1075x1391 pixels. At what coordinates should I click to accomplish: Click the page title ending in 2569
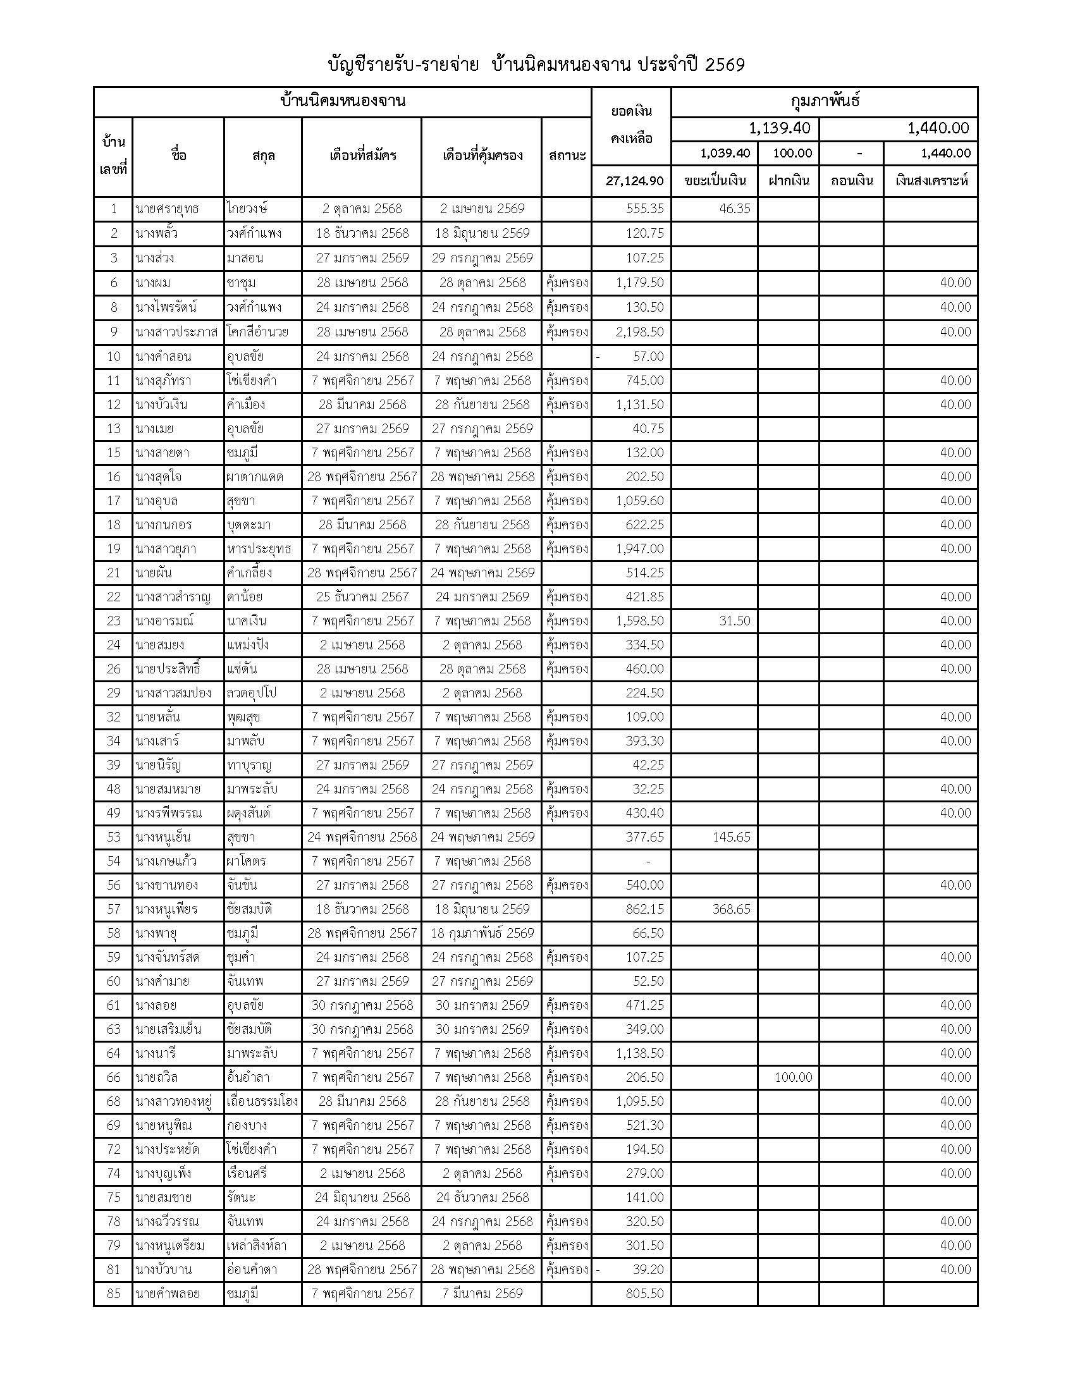[x=536, y=65]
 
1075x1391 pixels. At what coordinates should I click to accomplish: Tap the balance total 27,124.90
[x=634, y=181]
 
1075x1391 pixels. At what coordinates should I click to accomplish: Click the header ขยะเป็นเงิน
[x=715, y=181]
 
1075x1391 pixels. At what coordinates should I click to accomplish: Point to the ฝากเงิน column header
[x=789, y=181]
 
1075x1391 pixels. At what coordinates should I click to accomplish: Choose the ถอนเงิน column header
[x=852, y=181]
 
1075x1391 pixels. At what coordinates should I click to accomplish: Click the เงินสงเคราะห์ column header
[x=931, y=181]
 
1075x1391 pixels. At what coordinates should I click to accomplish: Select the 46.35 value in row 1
[x=734, y=209]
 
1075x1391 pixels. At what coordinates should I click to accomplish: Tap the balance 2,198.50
[x=639, y=332]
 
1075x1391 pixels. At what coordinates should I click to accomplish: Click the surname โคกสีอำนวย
[x=262, y=332]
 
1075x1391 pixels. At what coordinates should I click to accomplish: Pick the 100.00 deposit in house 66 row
[x=793, y=1077]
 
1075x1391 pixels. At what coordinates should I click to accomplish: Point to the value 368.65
[x=731, y=909]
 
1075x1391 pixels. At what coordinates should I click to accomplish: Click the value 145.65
[x=731, y=837]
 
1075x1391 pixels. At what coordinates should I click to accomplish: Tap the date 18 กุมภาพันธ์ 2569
[x=482, y=933]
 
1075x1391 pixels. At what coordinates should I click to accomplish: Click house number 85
[x=113, y=1293]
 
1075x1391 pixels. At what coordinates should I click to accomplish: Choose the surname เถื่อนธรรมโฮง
[x=262, y=1101]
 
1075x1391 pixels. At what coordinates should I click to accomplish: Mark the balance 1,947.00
[x=639, y=548]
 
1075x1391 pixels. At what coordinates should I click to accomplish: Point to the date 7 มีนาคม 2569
[x=482, y=1293]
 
